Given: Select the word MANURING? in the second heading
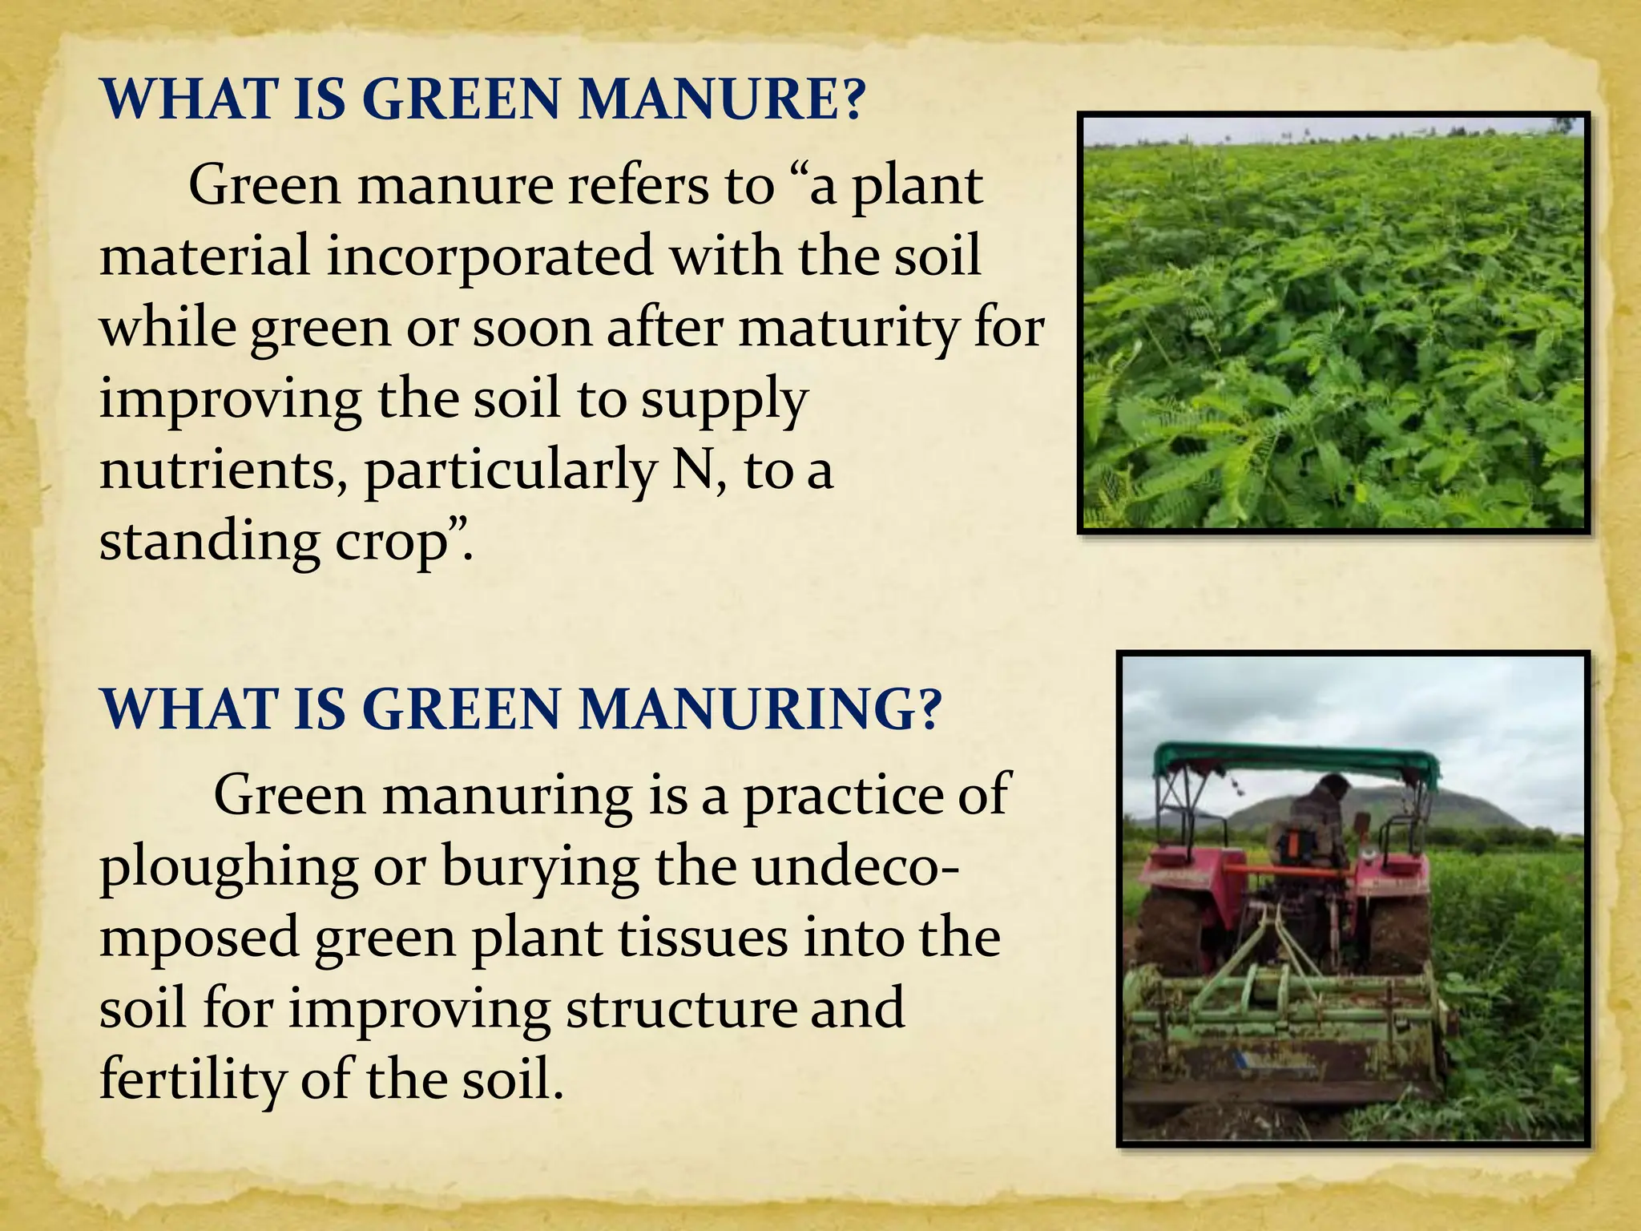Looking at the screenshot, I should tap(759, 710).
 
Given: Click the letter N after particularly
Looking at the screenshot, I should tap(694, 470).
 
